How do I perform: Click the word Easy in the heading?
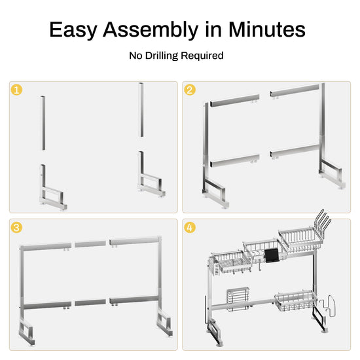[x=73, y=30]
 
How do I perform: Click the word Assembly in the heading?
[x=151, y=29]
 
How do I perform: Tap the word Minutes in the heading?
[x=267, y=29]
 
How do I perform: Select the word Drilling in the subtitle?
[x=162, y=56]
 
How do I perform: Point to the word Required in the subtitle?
[x=202, y=56]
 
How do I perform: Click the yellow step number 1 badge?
[x=16, y=90]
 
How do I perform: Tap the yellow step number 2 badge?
[x=190, y=90]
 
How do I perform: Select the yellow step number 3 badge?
[x=16, y=227]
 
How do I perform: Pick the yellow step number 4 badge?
[x=190, y=227]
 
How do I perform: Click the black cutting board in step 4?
[x=272, y=256]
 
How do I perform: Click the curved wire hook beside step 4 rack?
[x=328, y=306]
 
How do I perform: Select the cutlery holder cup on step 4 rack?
[x=213, y=267]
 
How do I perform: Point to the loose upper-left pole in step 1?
[x=43, y=123]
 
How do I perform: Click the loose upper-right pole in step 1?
[x=141, y=110]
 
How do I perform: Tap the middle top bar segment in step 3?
[x=90, y=244]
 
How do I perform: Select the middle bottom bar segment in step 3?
[x=90, y=302]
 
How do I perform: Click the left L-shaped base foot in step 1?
[x=52, y=190]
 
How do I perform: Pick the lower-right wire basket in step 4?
[x=296, y=300]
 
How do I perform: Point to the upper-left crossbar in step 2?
[x=234, y=101]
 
